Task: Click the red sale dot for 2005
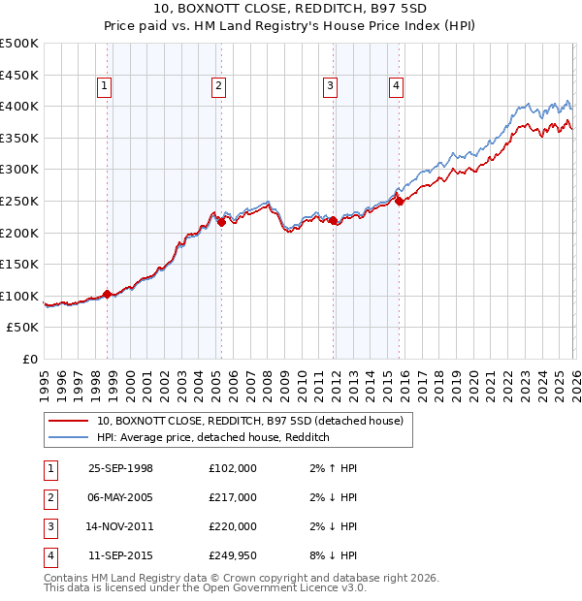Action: coord(221,222)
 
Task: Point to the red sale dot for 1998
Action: coord(107,294)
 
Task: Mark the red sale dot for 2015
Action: coord(399,201)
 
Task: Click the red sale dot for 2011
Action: coord(333,220)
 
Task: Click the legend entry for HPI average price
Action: coord(213,437)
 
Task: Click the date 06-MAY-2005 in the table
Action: coord(120,497)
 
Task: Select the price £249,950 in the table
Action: coord(233,555)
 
